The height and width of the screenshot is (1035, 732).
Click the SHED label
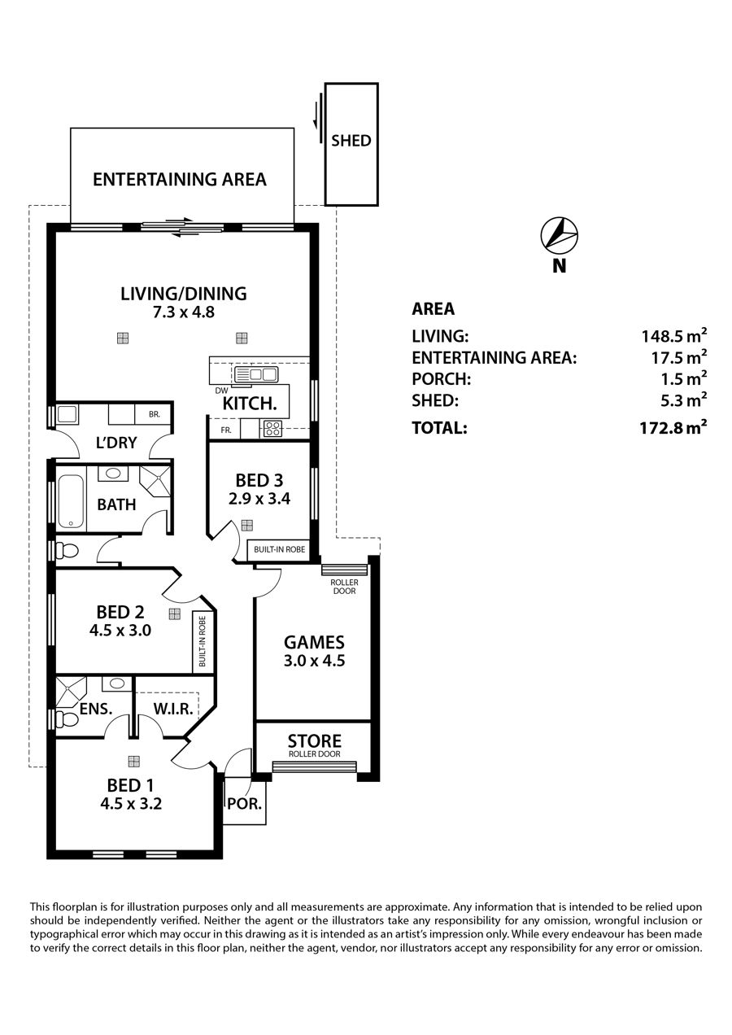(351, 141)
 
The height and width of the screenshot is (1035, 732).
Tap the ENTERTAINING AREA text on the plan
(180, 179)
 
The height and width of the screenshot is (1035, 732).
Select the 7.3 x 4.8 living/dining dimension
(184, 312)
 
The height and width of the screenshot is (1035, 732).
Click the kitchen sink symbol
(256, 373)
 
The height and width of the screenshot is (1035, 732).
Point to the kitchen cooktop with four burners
(273, 428)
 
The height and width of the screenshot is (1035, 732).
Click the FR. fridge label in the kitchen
(226, 430)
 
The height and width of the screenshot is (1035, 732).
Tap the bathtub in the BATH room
(71, 502)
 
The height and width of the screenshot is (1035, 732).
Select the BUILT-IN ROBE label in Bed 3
(280, 549)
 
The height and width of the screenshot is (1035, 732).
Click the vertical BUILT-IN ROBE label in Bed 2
(202, 642)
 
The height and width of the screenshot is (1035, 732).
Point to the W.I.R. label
(173, 709)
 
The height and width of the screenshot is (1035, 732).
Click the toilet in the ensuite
(67, 719)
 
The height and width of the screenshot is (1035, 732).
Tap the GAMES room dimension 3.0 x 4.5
(314, 661)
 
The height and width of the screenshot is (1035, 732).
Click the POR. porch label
(244, 804)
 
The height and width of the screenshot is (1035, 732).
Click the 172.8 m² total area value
(673, 427)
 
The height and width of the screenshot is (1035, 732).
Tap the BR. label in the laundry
(155, 414)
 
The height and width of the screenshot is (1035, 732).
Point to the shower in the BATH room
(155, 481)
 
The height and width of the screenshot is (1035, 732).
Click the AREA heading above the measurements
(434, 308)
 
